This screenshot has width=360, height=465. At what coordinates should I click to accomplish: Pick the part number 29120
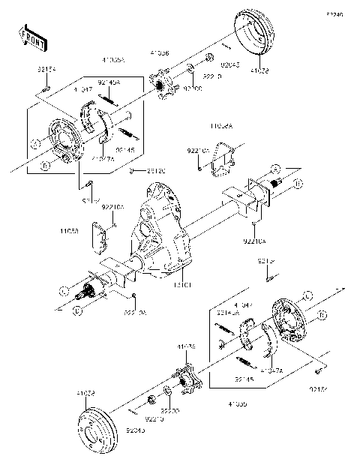pyautogui.click(x=156, y=171)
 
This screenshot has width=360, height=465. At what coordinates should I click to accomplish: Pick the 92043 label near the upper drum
pyautogui.click(x=211, y=67)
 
